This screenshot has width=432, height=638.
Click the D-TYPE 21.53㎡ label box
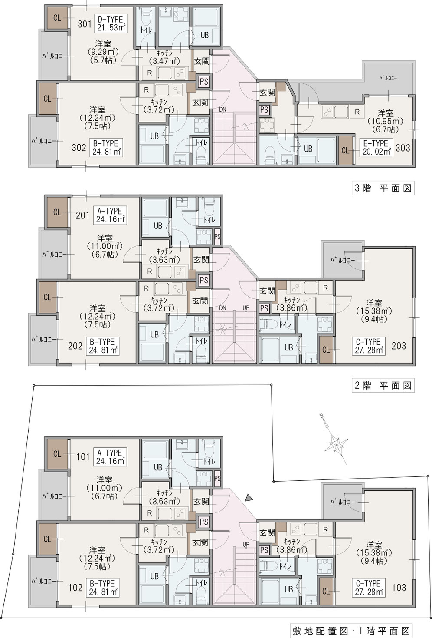point(111,23)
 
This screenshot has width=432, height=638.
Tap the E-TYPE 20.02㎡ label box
point(376,148)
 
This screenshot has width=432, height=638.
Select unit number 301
point(85,24)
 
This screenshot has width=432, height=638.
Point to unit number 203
point(399,346)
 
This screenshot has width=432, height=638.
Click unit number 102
point(75,588)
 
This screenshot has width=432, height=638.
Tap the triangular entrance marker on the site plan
point(249,498)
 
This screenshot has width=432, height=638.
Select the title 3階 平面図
point(383,188)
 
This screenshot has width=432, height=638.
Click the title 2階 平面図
point(383,385)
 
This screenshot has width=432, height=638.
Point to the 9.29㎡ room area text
point(103,52)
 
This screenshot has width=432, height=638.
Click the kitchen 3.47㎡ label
point(164,57)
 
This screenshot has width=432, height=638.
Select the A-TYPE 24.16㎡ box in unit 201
point(110,215)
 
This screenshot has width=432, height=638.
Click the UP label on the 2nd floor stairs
point(246,308)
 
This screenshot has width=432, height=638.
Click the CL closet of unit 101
point(57,454)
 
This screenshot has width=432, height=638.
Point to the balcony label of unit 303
point(388,77)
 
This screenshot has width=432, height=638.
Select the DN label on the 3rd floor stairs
point(223,109)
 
